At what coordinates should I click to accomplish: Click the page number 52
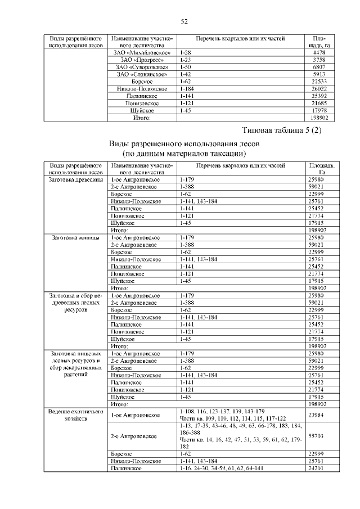(183, 22)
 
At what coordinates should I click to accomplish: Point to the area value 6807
(319, 67)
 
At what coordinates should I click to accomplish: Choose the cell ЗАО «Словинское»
(142, 74)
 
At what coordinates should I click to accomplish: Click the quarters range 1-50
(185, 67)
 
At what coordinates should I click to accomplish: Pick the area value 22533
(319, 82)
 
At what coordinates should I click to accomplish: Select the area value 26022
(319, 89)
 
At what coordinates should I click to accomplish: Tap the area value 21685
(319, 103)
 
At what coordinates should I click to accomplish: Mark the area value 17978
(319, 111)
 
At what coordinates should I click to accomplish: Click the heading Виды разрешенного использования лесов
(184, 144)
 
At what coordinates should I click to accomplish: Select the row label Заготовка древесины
(76, 179)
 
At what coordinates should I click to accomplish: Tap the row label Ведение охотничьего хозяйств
(76, 416)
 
